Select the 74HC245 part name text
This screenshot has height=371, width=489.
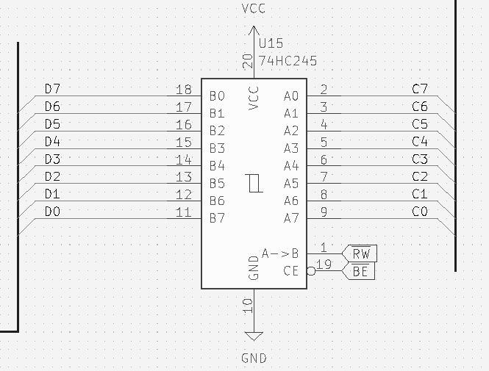[288, 61]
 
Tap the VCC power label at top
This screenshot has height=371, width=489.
[254, 9]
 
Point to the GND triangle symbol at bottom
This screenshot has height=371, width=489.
[254, 337]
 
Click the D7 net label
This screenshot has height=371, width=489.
[52, 89]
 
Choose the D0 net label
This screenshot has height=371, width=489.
[52, 212]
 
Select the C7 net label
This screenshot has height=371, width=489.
[420, 89]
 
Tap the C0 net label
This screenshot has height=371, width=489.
[420, 212]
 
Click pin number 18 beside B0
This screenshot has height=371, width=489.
[184, 90]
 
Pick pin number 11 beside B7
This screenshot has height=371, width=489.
[184, 213]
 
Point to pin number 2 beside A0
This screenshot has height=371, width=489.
[324, 90]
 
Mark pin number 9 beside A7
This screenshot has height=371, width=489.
[324, 213]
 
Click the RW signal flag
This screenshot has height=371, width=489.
[361, 254]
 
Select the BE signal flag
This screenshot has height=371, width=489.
[361, 272]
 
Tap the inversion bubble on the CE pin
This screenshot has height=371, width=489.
[311, 271]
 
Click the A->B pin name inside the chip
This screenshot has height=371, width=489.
[280, 254]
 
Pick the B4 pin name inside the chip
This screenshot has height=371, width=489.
[217, 166]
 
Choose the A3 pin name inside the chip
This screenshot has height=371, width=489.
[291, 148]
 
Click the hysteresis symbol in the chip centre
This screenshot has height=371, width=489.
[254, 183]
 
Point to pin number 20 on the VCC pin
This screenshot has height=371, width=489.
[248, 61]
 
